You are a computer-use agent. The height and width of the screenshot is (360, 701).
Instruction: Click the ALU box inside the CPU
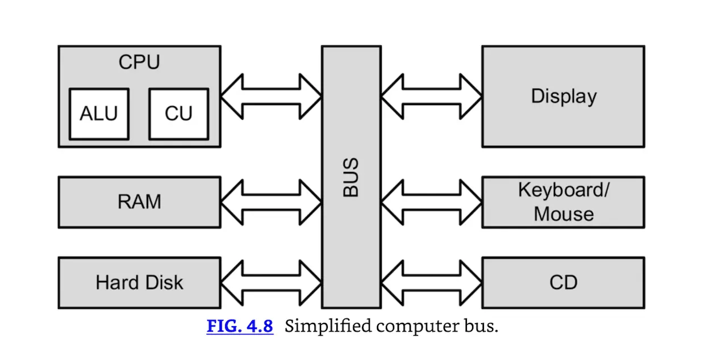click(99, 114)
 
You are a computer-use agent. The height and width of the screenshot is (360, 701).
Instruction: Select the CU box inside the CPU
click(178, 114)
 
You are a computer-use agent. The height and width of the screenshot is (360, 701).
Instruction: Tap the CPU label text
click(139, 62)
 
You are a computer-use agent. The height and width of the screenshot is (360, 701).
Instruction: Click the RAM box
click(139, 202)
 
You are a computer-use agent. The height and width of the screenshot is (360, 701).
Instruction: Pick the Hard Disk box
click(139, 283)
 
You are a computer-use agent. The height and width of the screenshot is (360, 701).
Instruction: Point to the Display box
click(563, 97)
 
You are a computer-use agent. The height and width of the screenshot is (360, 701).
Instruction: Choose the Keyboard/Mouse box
click(563, 202)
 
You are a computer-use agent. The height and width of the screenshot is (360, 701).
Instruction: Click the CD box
click(563, 283)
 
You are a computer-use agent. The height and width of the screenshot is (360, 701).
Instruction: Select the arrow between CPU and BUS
click(271, 97)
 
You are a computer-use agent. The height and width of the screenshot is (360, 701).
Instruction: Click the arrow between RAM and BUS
click(271, 202)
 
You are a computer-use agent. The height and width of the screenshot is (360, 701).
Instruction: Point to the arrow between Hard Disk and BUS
click(271, 283)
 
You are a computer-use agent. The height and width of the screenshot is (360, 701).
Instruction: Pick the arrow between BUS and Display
click(431, 97)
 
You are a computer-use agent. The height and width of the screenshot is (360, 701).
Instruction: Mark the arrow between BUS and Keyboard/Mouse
click(431, 202)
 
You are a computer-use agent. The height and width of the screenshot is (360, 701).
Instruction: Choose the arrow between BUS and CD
click(431, 283)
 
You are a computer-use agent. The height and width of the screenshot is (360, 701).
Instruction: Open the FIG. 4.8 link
click(240, 326)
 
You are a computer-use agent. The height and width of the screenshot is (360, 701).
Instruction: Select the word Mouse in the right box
click(564, 214)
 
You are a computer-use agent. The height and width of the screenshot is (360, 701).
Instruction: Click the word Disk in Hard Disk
click(163, 283)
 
